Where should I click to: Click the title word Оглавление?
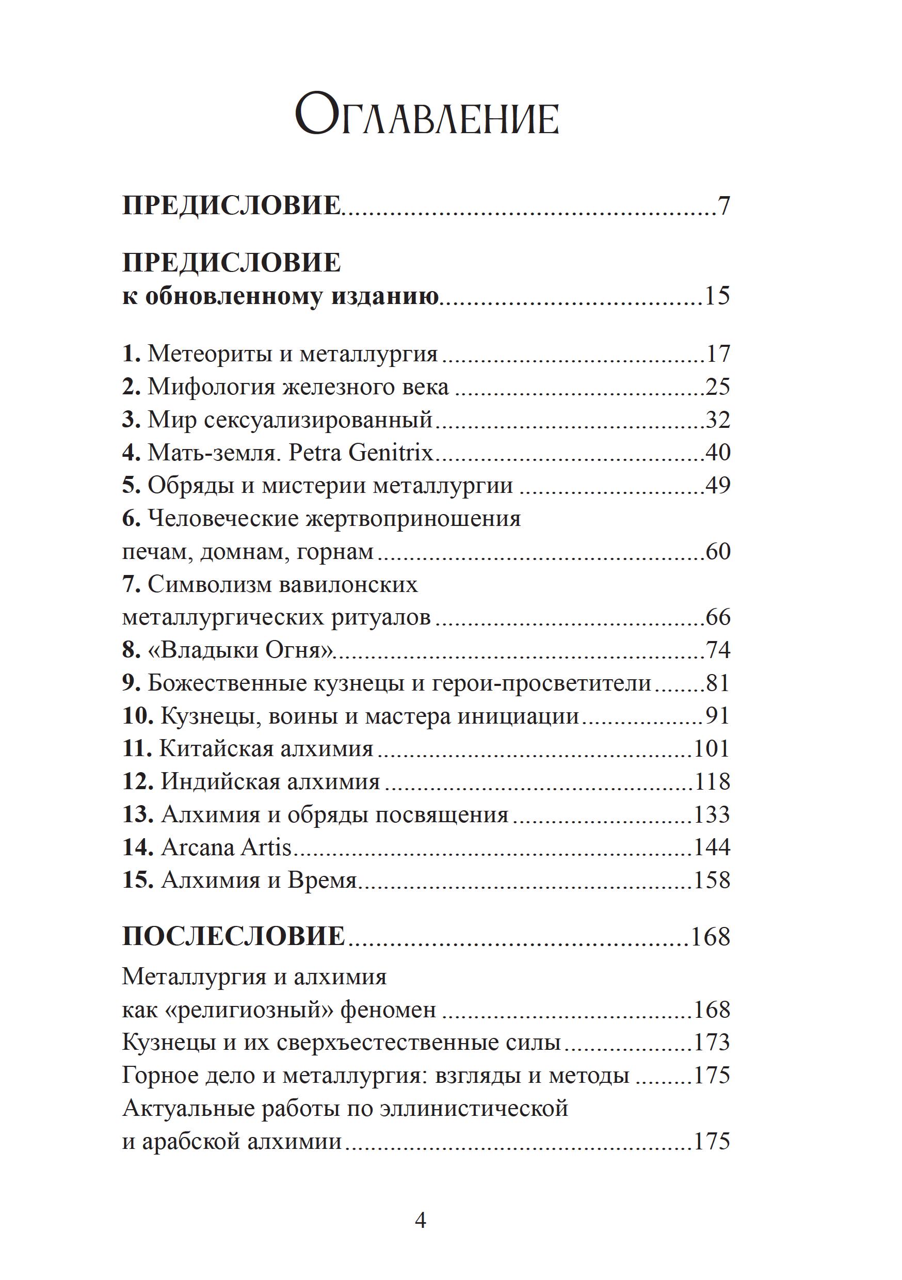[426, 118]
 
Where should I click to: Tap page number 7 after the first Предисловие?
[723, 206]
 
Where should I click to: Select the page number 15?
[717, 295]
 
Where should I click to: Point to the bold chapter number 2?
[131, 387]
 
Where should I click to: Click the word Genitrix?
[390, 452]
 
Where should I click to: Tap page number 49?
[717, 486]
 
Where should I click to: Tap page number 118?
[712, 781]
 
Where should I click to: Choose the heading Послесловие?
[234, 937]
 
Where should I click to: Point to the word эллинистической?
[474, 1108]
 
